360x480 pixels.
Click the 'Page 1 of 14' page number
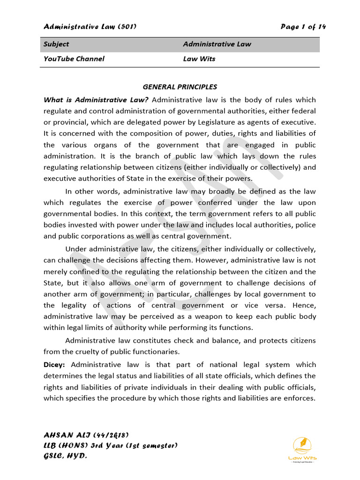[x=303, y=27]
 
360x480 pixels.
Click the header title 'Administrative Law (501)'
[x=90, y=27]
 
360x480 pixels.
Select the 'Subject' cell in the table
[x=56, y=44]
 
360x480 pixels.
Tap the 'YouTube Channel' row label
[x=74, y=59]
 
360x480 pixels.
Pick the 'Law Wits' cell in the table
[x=199, y=59]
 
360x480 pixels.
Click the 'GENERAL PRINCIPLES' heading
[x=180, y=87]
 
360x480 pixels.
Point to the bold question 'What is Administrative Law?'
[x=96, y=99]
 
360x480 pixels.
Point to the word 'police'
[x=306, y=225]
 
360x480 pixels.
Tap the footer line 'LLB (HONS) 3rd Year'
[x=111, y=445]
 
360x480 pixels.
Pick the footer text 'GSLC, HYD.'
[x=65, y=456]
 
